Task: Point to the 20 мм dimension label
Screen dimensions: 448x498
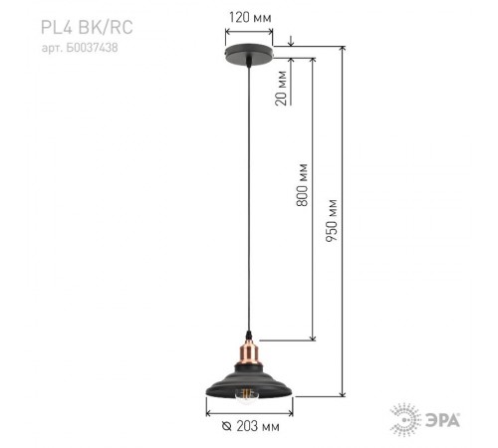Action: coord(283,87)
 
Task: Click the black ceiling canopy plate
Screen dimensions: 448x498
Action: coord(249,57)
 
